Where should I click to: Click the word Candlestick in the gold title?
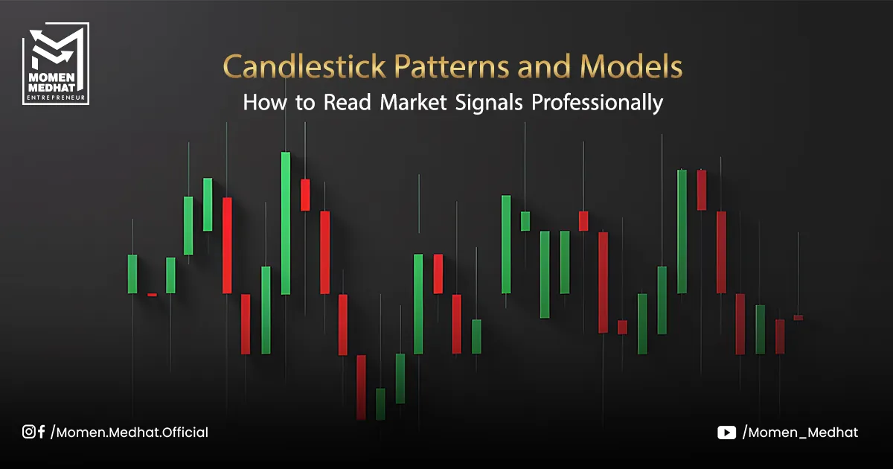(x=304, y=66)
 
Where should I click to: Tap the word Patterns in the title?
(x=452, y=66)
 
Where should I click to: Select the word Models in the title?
(x=631, y=66)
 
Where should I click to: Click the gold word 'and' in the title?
(x=544, y=66)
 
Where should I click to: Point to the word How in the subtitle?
(x=265, y=102)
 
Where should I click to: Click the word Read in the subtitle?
(x=348, y=102)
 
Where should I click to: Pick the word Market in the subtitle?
(x=413, y=102)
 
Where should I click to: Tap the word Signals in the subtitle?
(x=489, y=103)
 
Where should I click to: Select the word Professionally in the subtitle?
(x=597, y=103)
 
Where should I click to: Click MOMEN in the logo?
(x=52, y=77)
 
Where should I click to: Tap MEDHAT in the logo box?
(x=52, y=87)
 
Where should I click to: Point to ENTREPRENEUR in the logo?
(x=56, y=98)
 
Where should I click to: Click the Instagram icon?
(x=29, y=432)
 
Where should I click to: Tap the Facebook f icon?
(x=41, y=432)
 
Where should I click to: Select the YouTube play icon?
(x=726, y=433)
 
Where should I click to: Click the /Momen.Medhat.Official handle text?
(x=129, y=433)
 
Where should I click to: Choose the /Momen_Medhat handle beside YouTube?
(x=800, y=433)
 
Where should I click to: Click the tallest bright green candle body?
(x=286, y=223)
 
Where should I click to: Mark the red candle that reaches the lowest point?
(x=361, y=387)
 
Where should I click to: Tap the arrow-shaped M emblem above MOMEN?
(x=56, y=48)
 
